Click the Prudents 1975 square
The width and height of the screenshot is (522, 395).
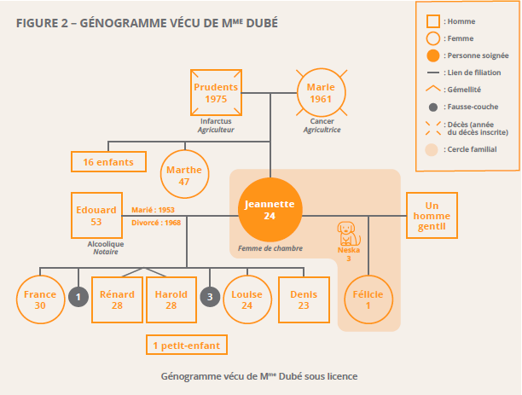pyautogui.click(x=216, y=93)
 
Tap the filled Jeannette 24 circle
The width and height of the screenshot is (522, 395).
pyautogui.click(x=270, y=210)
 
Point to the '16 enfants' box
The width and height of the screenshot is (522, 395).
pyautogui.click(x=108, y=161)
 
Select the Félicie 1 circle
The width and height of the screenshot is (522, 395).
pyautogui.click(x=368, y=299)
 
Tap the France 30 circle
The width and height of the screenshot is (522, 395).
pyautogui.click(x=40, y=299)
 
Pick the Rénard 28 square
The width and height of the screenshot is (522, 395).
pyautogui.click(x=117, y=299)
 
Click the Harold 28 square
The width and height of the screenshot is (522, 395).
pyautogui.click(x=171, y=299)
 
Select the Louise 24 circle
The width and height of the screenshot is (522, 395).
pyautogui.click(x=246, y=299)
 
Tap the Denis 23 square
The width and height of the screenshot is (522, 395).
pyautogui.click(x=303, y=299)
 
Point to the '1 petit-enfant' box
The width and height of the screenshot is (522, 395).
pyautogui.click(x=186, y=345)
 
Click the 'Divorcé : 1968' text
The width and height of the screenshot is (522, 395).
pyautogui.click(x=156, y=224)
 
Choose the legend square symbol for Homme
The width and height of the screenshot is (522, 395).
pyautogui.click(x=433, y=21)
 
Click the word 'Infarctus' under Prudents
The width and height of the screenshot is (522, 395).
pyautogui.click(x=215, y=122)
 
